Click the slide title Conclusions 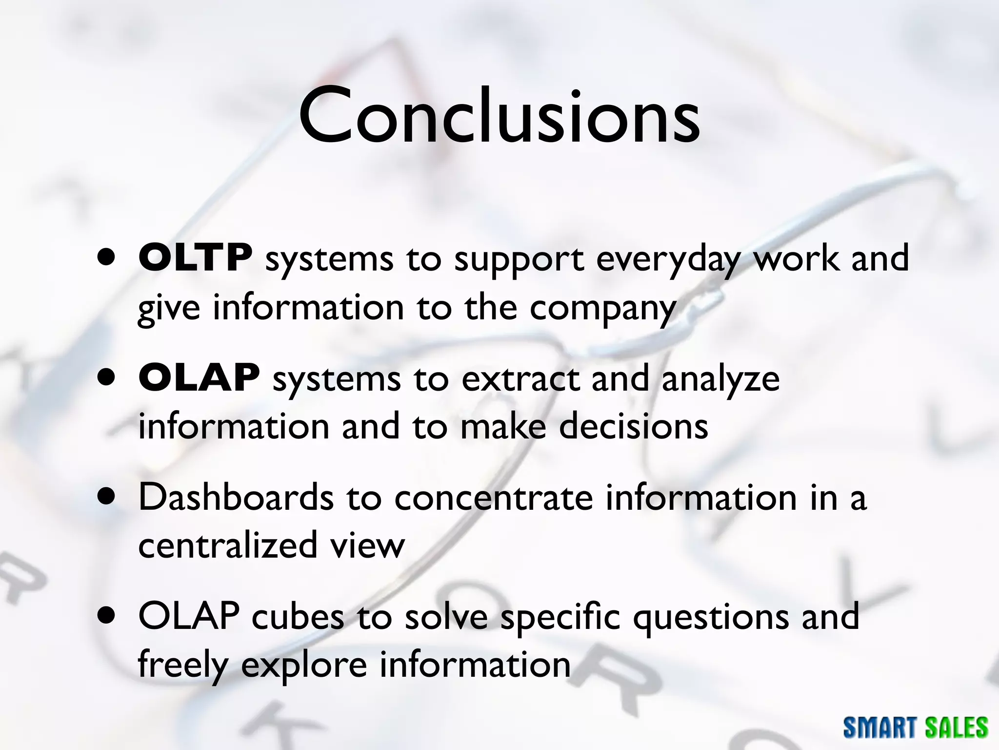(x=499, y=116)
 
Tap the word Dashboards (x=236, y=497)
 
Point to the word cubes (x=298, y=617)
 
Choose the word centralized (x=228, y=545)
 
